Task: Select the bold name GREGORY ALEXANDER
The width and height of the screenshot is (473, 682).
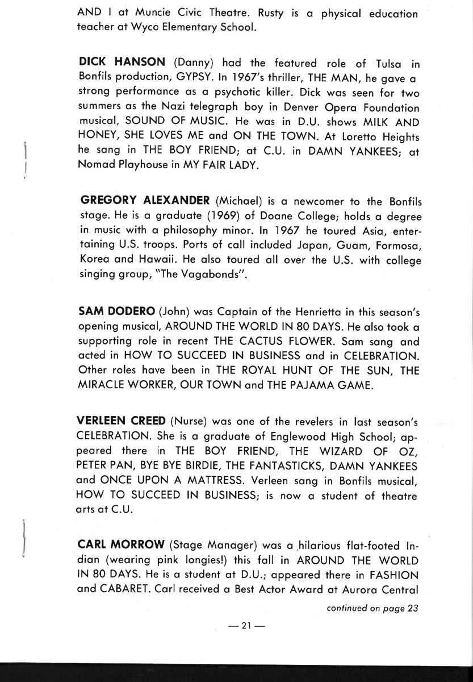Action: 146,201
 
